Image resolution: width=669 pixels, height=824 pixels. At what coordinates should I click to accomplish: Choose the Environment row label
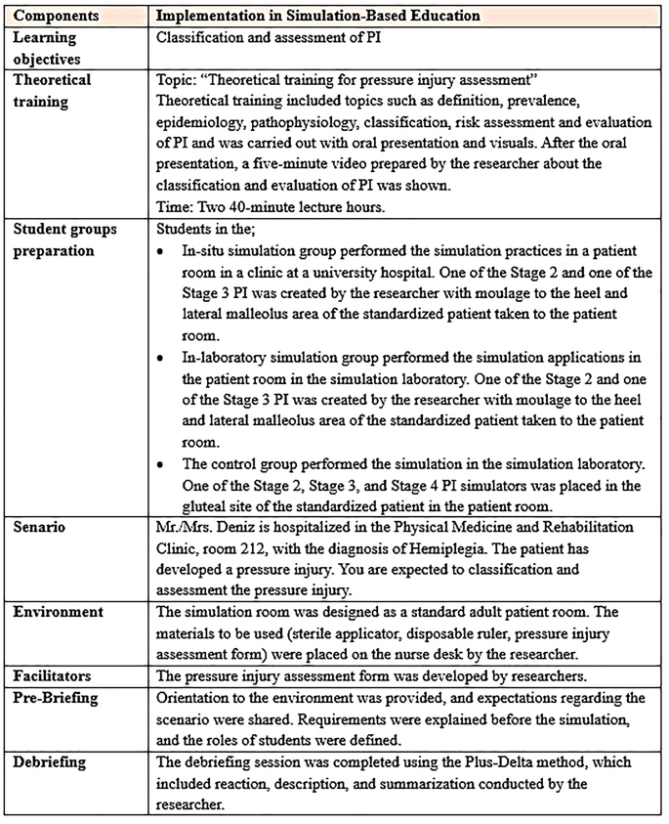point(58,614)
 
